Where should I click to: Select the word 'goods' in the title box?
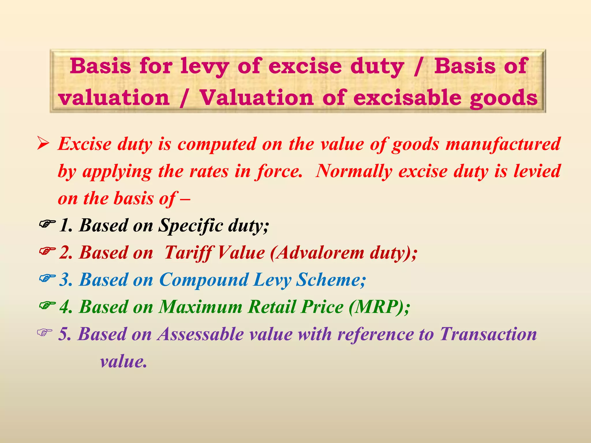pyautogui.click(x=503, y=98)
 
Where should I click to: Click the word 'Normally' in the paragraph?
pyautogui.click(x=354, y=171)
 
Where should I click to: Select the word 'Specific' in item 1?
pyautogui.click(x=190, y=226)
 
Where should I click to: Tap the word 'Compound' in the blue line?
pyautogui.click(x=204, y=280)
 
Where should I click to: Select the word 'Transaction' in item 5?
pyautogui.click(x=488, y=334)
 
